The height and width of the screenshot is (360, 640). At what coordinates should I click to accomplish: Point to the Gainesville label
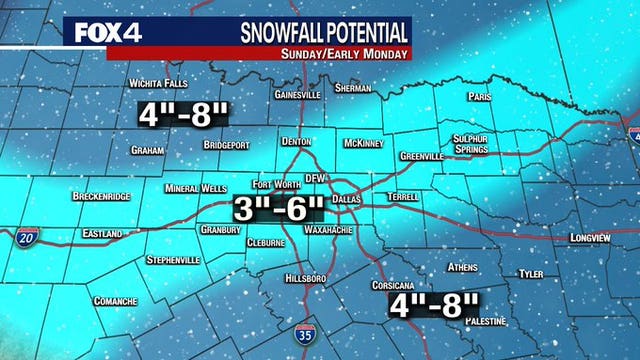pos(297,95)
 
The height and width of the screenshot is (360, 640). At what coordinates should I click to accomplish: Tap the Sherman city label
pos(355,88)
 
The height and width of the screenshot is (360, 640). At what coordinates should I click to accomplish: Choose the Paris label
pos(480,97)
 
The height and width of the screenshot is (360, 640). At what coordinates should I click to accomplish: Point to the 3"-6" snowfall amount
pos(279,210)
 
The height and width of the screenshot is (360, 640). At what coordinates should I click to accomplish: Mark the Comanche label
pos(115,301)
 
